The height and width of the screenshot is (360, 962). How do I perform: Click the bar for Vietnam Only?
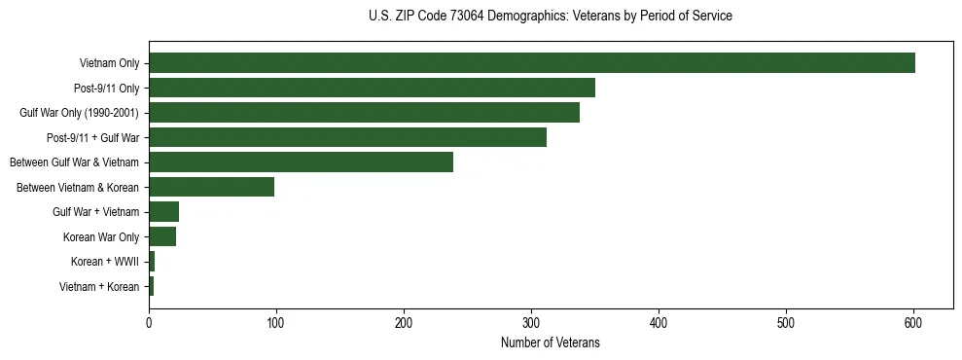tap(531, 63)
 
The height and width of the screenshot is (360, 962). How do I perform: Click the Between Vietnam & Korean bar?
tap(211, 187)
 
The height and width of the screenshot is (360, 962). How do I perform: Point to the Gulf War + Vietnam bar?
tap(163, 211)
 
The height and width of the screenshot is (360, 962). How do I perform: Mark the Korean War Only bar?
tap(162, 236)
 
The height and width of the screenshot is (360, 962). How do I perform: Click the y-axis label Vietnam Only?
tap(109, 64)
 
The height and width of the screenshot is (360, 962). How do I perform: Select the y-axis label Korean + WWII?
tap(105, 262)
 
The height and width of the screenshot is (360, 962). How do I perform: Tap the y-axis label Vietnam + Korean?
tap(99, 286)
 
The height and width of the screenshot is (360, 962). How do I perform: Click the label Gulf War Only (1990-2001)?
tap(80, 114)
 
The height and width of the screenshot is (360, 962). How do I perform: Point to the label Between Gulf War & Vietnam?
tap(75, 162)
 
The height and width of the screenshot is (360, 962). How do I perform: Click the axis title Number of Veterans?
tap(550, 343)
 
